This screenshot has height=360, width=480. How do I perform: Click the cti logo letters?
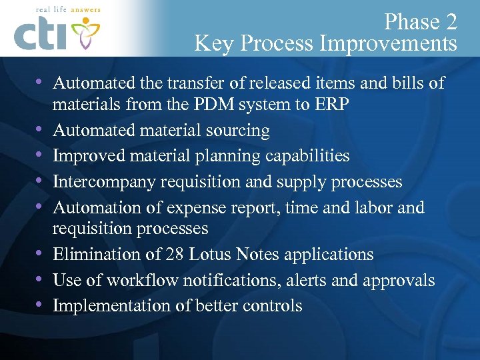[41, 35]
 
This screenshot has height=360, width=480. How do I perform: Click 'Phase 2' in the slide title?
[421, 22]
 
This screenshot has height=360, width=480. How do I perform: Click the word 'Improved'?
[83, 156]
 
